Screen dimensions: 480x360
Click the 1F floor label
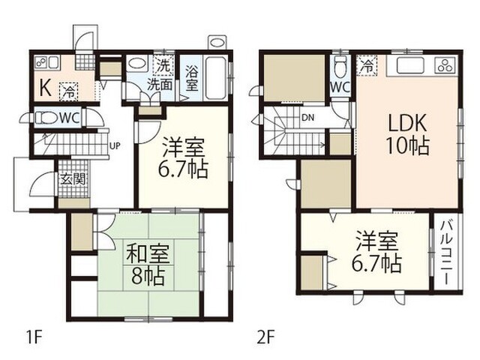(x=33, y=337)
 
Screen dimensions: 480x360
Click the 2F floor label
(x=265, y=337)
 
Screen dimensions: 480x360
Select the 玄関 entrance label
(x=73, y=179)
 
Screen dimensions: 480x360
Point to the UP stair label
(x=115, y=146)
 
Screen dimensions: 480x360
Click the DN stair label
(x=307, y=117)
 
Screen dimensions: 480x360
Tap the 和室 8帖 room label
(x=148, y=264)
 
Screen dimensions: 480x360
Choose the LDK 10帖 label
(x=407, y=135)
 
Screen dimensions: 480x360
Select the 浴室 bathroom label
(x=191, y=79)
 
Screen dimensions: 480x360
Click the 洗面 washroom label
(x=159, y=85)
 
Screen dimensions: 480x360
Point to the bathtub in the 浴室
(x=216, y=77)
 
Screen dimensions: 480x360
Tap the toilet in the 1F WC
(x=46, y=118)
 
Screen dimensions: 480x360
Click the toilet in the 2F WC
(x=340, y=67)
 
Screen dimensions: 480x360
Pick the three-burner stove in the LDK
(x=445, y=65)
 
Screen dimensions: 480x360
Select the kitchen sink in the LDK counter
(x=411, y=65)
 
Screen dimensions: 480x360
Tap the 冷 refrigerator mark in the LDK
(x=367, y=65)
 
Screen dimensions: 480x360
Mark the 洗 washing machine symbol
(x=163, y=65)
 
